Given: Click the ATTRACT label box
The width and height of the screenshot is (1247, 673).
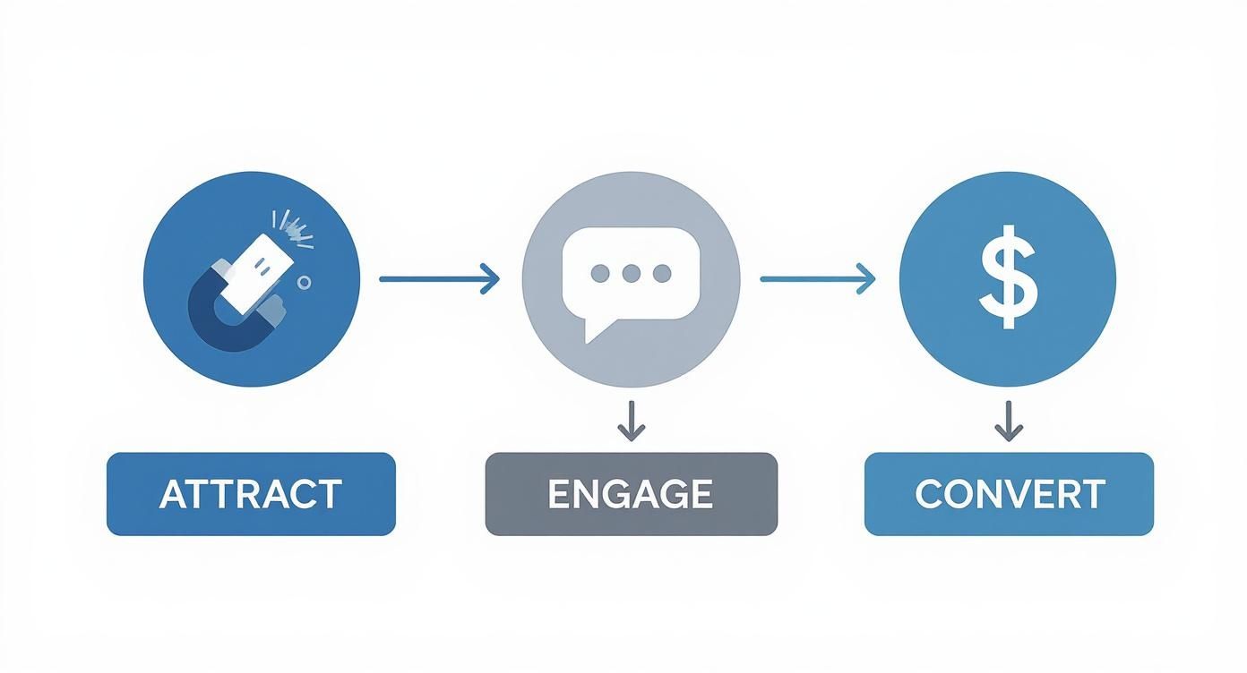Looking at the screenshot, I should (x=251, y=494).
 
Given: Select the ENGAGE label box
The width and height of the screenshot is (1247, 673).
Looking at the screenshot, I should (x=631, y=494).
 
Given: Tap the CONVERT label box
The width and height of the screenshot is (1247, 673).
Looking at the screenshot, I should (x=1009, y=494).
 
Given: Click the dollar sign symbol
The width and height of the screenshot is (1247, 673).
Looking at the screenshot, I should (x=1008, y=278).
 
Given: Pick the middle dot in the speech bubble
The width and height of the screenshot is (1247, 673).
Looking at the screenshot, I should (x=631, y=273).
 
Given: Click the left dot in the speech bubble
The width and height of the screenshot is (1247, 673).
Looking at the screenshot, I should (x=599, y=273).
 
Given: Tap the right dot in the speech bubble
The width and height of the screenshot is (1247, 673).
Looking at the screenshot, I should (x=662, y=273).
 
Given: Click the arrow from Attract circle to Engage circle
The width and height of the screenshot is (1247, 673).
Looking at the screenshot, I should (x=439, y=278).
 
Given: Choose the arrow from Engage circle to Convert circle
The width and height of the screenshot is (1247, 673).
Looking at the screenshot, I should (x=817, y=278).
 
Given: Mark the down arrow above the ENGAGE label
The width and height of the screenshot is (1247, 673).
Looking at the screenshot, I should (x=632, y=421).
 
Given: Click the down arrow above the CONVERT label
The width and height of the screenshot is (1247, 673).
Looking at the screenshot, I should (x=1009, y=421).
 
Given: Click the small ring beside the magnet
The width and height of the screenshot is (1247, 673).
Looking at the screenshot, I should (x=304, y=282).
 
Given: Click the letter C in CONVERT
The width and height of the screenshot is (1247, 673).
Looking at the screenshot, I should (x=930, y=494).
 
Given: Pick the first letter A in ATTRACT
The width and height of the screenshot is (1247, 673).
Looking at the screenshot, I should (x=172, y=494).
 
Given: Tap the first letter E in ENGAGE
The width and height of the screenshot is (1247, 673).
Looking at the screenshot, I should (x=558, y=494).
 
